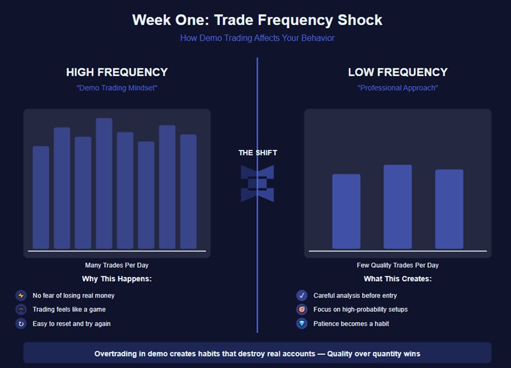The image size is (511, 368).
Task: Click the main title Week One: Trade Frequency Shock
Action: pyautogui.click(x=257, y=19)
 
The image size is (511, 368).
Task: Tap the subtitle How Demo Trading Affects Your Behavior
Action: pyautogui.click(x=257, y=38)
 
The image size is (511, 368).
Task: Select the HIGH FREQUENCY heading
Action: pyautogui.click(x=117, y=73)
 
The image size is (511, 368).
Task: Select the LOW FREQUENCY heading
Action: pyautogui.click(x=397, y=73)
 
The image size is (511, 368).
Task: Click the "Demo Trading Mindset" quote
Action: pyautogui.click(x=117, y=88)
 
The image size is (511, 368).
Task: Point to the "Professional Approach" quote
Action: pyautogui.click(x=397, y=88)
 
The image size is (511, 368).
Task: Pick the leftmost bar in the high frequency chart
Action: pyautogui.click(x=41, y=197)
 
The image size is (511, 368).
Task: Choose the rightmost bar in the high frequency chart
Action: pyautogui.click(x=188, y=191)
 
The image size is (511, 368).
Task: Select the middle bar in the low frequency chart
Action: pyautogui.click(x=397, y=207)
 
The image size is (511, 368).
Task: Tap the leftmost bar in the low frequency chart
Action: pyautogui.click(x=346, y=211)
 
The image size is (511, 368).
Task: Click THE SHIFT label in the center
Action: pyautogui.click(x=257, y=153)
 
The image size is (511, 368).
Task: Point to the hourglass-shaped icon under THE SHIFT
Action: pyautogui.click(x=257, y=184)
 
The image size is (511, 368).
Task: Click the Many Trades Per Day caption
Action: pyautogui.click(x=117, y=265)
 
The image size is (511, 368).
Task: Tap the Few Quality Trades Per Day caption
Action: pyautogui.click(x=397, y=265)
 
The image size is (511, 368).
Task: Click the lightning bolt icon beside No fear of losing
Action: pyautogui.click(x=21, y=296)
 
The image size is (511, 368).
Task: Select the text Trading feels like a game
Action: pyautogui.click(x=69, y=309)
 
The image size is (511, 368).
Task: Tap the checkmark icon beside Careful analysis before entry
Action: pyautogui.click(x=302, y=296)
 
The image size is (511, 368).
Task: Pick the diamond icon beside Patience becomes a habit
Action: pyautogui.click(x=302, y=324)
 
